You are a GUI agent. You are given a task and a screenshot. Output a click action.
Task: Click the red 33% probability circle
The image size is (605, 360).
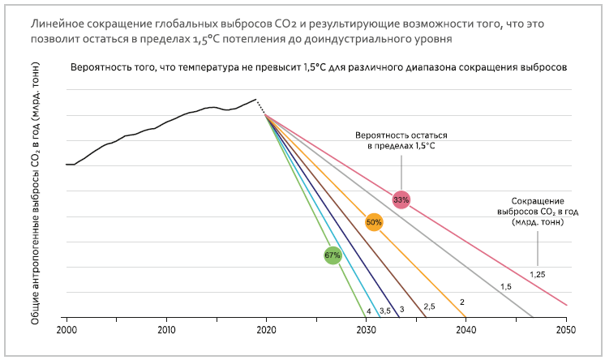(x=401, y=199)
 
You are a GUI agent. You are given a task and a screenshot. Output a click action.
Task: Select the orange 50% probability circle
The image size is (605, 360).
(x=374, y=221)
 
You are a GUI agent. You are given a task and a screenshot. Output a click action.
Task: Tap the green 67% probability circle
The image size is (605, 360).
(x=333, y=255)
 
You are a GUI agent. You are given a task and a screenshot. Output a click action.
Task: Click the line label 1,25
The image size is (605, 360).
(x=537, y=274)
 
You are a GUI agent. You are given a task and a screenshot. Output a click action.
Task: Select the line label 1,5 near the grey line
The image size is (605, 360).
(x=505, y=287)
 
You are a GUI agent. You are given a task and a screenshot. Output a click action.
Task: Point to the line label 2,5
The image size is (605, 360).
(x=430, y=306)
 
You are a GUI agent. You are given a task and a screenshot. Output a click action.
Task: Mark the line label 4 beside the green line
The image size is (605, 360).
(x=369, y=311)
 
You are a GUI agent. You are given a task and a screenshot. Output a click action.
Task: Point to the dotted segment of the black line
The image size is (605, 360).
(x=260, y=106)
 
